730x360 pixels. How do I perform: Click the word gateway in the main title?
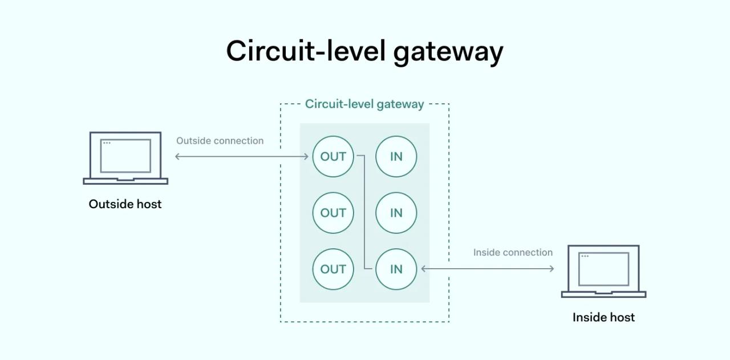pyautogui.click(x=448, y=52)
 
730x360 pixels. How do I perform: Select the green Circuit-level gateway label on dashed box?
pyautogui.click(x=364, y=104)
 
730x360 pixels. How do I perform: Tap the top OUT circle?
pyautogui.click(x=333, y=156)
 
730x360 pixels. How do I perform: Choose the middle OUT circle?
pyautogui.click(x=333, y=213)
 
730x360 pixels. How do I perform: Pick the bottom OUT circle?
pyautogui.click(x=333, y=269)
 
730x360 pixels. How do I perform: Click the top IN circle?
pyautogui.click(x=396, y=156)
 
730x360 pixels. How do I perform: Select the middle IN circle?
pyautogui.click(x=396, y=213)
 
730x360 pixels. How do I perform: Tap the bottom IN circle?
pyautogui.click(x=396, y=269)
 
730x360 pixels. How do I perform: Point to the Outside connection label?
pyautogui.click(x=220, y=141)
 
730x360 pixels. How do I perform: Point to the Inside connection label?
pyautogui.click(x=513, y=252)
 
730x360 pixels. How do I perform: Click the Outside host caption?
pyautogui.click(x=125, y=204)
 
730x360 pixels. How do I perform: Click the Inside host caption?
pyautogui.click(x=603, y=317)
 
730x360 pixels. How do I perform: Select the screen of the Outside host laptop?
pyautogui.click(x=125, y=155)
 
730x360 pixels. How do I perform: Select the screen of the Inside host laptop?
pyautogui.click(x=603, y=269)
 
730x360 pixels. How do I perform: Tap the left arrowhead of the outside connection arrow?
pyautogui.click(x=177, y=156)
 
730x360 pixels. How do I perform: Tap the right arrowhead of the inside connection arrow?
pyautogui.click(x=551, y=269)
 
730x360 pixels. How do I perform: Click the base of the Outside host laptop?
pyautogui.click(x=125, y=181)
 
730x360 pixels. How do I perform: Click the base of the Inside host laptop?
pyautogui.click(x=603, y=294)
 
